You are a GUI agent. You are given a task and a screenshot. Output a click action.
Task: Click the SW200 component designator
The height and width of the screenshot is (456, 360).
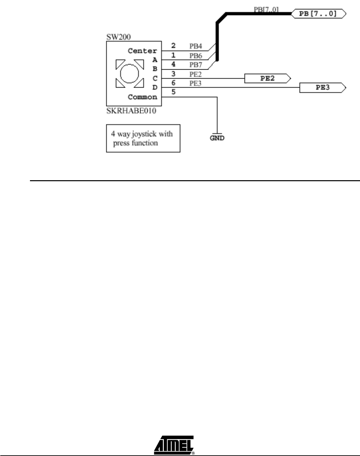[119, 36]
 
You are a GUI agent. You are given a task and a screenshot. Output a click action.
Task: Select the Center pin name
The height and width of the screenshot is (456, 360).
[142, 51]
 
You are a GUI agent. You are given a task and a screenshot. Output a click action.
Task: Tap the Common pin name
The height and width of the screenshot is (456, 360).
[142, 97]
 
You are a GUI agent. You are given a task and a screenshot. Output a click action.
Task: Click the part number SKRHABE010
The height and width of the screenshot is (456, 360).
[131, 111]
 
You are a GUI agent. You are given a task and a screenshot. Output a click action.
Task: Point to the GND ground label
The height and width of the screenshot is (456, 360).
[217, 138]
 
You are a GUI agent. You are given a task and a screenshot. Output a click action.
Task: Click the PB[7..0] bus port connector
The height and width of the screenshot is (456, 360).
[318, 14]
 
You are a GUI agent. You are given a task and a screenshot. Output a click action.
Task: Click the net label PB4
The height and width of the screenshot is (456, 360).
[196, 47]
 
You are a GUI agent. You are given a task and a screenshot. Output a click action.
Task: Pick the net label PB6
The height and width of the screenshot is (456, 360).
[196, 56]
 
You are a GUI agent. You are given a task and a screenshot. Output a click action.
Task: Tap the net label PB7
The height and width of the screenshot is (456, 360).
[196, 65]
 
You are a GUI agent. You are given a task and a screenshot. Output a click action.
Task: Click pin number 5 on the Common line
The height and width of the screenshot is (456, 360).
[174, 92]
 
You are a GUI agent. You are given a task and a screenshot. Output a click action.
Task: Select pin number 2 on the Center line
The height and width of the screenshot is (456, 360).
[174, 46]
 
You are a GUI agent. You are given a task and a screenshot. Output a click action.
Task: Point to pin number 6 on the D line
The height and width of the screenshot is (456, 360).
[174, 83]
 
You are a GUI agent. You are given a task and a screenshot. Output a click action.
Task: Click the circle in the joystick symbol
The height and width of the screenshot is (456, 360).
[130, 74]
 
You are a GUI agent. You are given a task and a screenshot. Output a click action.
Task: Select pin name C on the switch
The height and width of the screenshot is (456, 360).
[155, 79]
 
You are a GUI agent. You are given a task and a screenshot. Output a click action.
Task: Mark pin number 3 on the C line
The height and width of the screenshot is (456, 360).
[174, 74]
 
